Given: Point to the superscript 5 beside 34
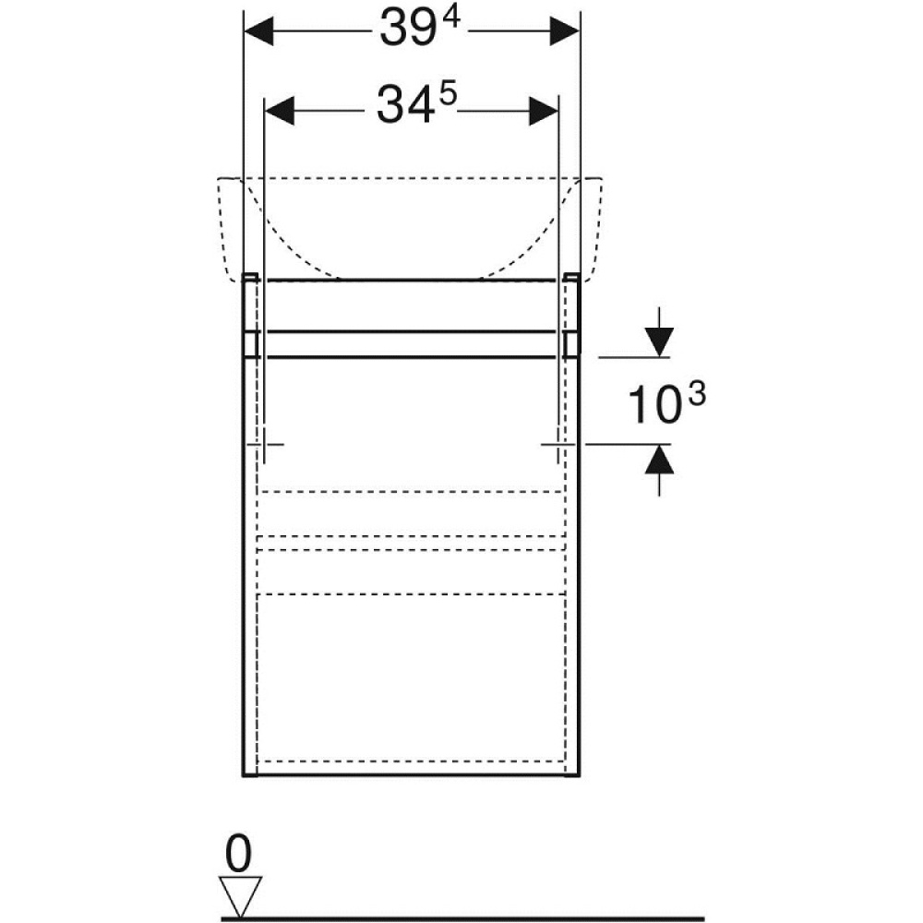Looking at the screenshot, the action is tap(448, 94).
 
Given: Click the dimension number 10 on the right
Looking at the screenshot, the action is tap(654, 405).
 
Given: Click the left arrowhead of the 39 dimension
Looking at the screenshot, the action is tap(258, 30).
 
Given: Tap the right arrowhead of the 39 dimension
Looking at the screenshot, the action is tap(565, 30).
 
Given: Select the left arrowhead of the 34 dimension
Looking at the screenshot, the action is tap(280, 111).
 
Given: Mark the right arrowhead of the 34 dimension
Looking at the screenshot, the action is tap(544, 111).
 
